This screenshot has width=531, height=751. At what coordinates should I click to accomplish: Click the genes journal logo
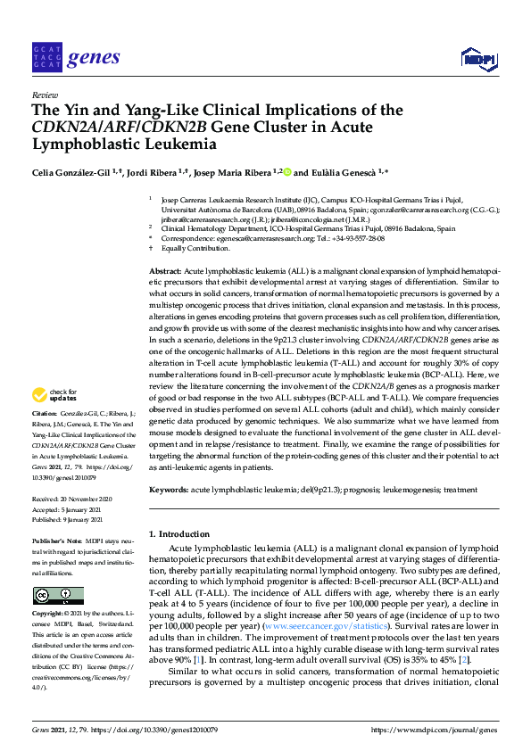(x=75, y=58)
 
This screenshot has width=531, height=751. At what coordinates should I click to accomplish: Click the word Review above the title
(x=44, y=94)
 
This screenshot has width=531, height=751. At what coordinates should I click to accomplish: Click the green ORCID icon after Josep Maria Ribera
(x=288, y=171)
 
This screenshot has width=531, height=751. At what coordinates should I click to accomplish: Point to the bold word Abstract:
(x=164, y=270)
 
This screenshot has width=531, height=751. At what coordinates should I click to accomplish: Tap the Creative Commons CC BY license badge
(x=58, y=595)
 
